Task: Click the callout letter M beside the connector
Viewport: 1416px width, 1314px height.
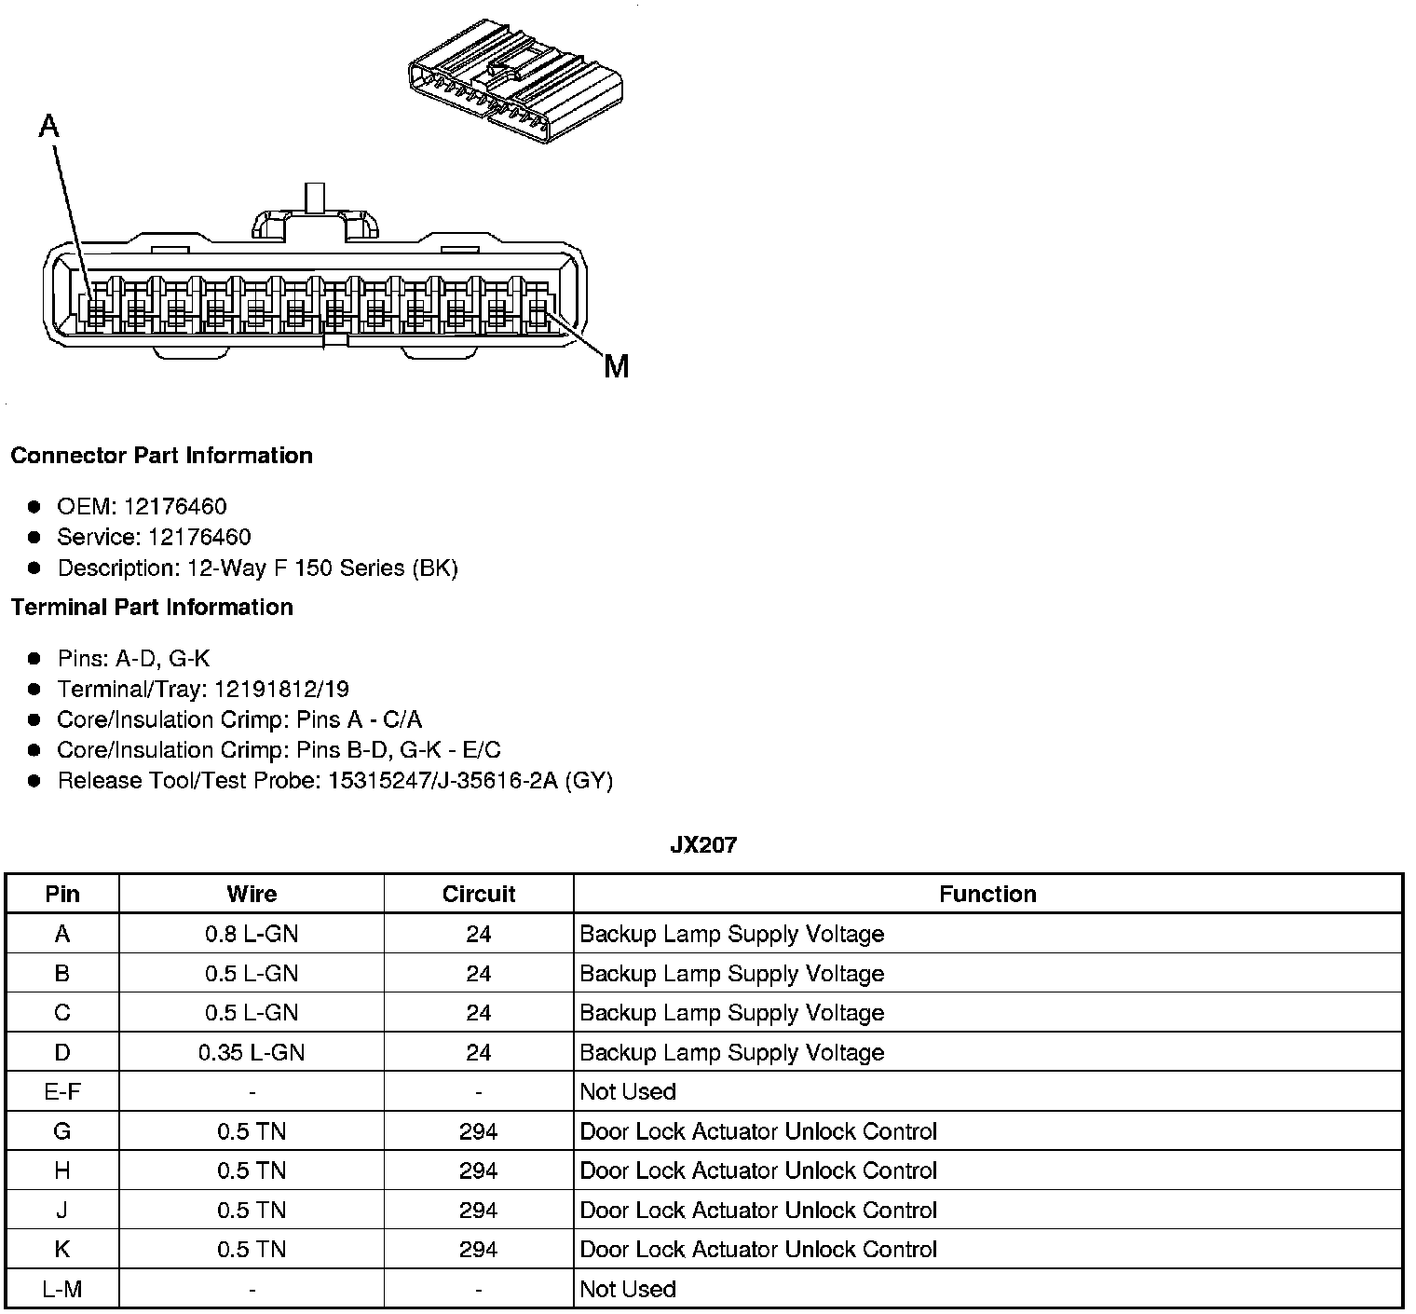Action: coord(616,366)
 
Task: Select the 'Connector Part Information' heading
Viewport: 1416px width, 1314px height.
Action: coord(161,456)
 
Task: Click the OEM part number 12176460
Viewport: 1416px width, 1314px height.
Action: coord(175,506)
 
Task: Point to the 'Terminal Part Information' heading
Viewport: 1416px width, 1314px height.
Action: coord(152,608)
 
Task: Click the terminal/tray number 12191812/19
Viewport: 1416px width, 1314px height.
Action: coord(281,689)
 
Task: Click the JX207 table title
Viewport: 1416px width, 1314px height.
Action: coord(703,845)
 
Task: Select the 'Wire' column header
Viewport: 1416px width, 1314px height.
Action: coord(252,895)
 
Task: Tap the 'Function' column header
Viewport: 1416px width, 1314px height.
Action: coord(987,895)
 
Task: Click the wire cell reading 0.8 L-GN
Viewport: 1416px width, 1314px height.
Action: coord(252,934)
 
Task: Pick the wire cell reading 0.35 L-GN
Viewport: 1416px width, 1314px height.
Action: coord(252,1052)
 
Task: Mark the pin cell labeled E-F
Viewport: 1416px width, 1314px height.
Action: coord(62,1091)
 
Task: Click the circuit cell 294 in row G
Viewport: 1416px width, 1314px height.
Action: coord(478,1131)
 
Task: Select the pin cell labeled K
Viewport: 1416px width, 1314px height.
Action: coord(62,1250)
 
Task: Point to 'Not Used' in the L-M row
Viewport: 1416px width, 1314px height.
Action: coord(627,1289)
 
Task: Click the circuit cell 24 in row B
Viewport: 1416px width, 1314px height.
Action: coord(478,974)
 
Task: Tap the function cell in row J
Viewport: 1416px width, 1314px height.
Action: coord(757,1210)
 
